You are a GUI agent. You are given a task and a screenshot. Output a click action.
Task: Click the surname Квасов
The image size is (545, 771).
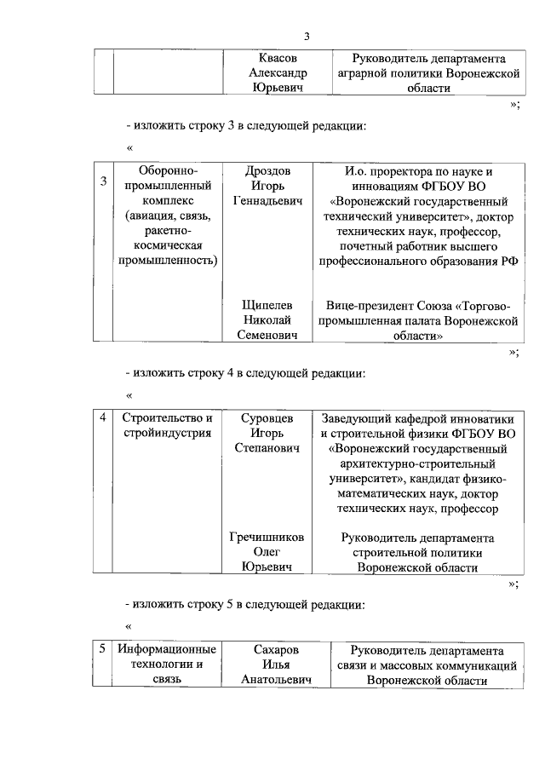[x=272, y=59]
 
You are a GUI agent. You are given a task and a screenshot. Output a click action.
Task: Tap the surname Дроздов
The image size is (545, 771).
[x=267, y=170]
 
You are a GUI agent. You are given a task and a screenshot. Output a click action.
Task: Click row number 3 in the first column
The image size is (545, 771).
[x=102, y=181]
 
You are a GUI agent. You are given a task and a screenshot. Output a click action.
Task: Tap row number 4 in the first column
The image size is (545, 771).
[x=102, y=417]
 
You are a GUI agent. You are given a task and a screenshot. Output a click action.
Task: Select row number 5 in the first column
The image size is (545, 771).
[x=102, y=649]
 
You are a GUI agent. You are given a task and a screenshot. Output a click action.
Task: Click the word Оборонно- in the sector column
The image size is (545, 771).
[x=167, y=170]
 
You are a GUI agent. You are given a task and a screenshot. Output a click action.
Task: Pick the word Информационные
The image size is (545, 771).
[x=167, y=650]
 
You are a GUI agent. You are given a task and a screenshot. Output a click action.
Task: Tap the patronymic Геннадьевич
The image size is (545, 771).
[x=267, y=200]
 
